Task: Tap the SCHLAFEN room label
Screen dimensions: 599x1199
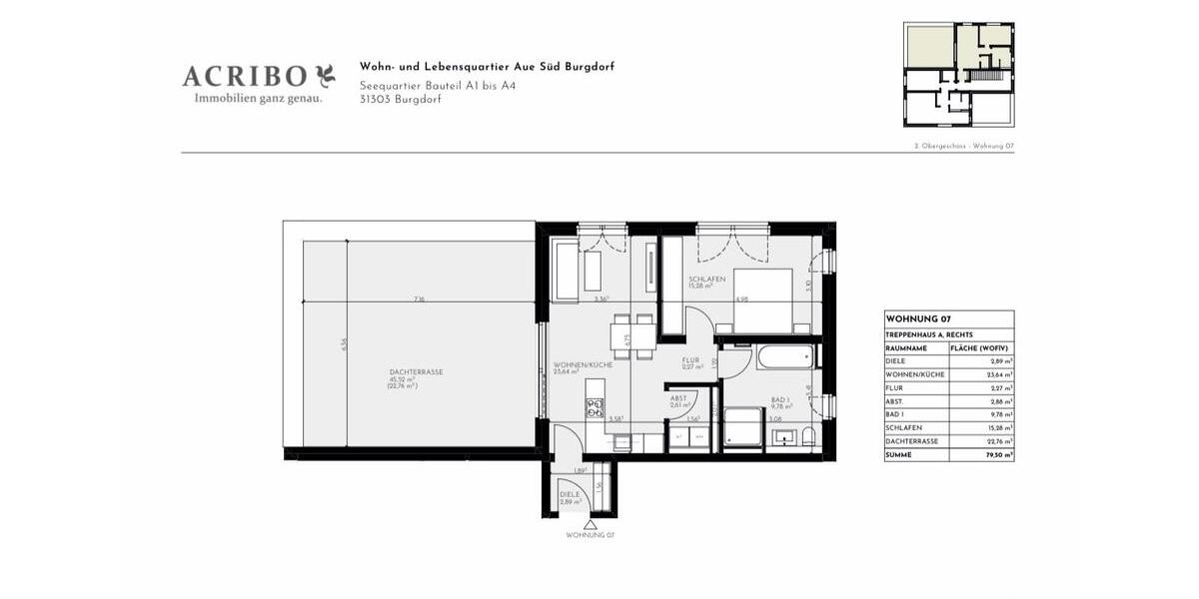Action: (x=705, y=279)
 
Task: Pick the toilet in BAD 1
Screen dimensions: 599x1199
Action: (x=807, y=436)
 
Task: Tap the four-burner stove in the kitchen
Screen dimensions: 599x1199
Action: (x=596, y=406)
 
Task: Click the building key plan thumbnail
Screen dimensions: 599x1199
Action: (x=958, y=74)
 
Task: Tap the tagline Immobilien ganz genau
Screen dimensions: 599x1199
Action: (x=258, y=98)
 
